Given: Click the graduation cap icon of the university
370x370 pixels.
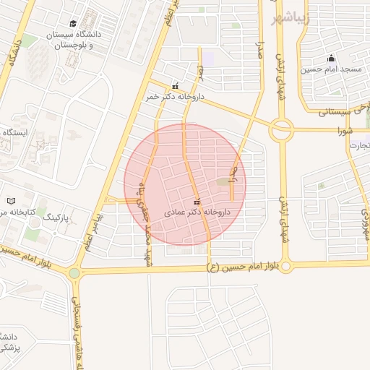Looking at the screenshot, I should pos(74,24).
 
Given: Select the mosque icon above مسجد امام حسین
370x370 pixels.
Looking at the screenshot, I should pos(331,58).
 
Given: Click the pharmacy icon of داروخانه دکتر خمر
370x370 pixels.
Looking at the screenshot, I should pos(175,86).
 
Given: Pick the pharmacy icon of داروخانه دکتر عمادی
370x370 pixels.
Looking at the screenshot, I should pos(197,202).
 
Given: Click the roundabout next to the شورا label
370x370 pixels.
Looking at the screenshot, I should pos(282,130).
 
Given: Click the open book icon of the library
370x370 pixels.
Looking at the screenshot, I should pos(11,201).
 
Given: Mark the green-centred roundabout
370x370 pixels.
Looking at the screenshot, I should pos(74,273).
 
